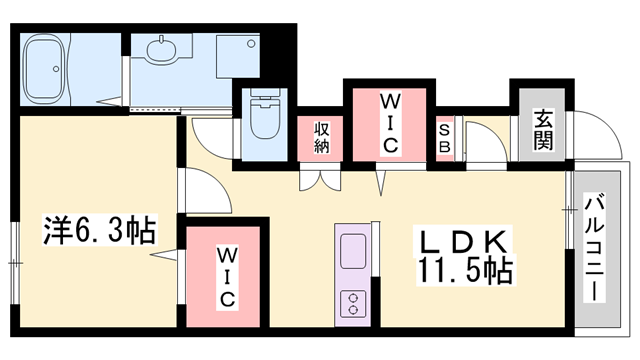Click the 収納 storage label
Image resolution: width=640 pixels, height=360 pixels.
click(x=322, y=137)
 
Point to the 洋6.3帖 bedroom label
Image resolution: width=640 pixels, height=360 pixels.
click(x=98, y=232)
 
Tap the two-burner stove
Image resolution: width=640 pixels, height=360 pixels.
click(x=354, y=301)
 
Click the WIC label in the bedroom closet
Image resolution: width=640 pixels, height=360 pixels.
click(x=228, y=276)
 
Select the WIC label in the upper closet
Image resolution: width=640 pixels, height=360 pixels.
click(x=389, y=122)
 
